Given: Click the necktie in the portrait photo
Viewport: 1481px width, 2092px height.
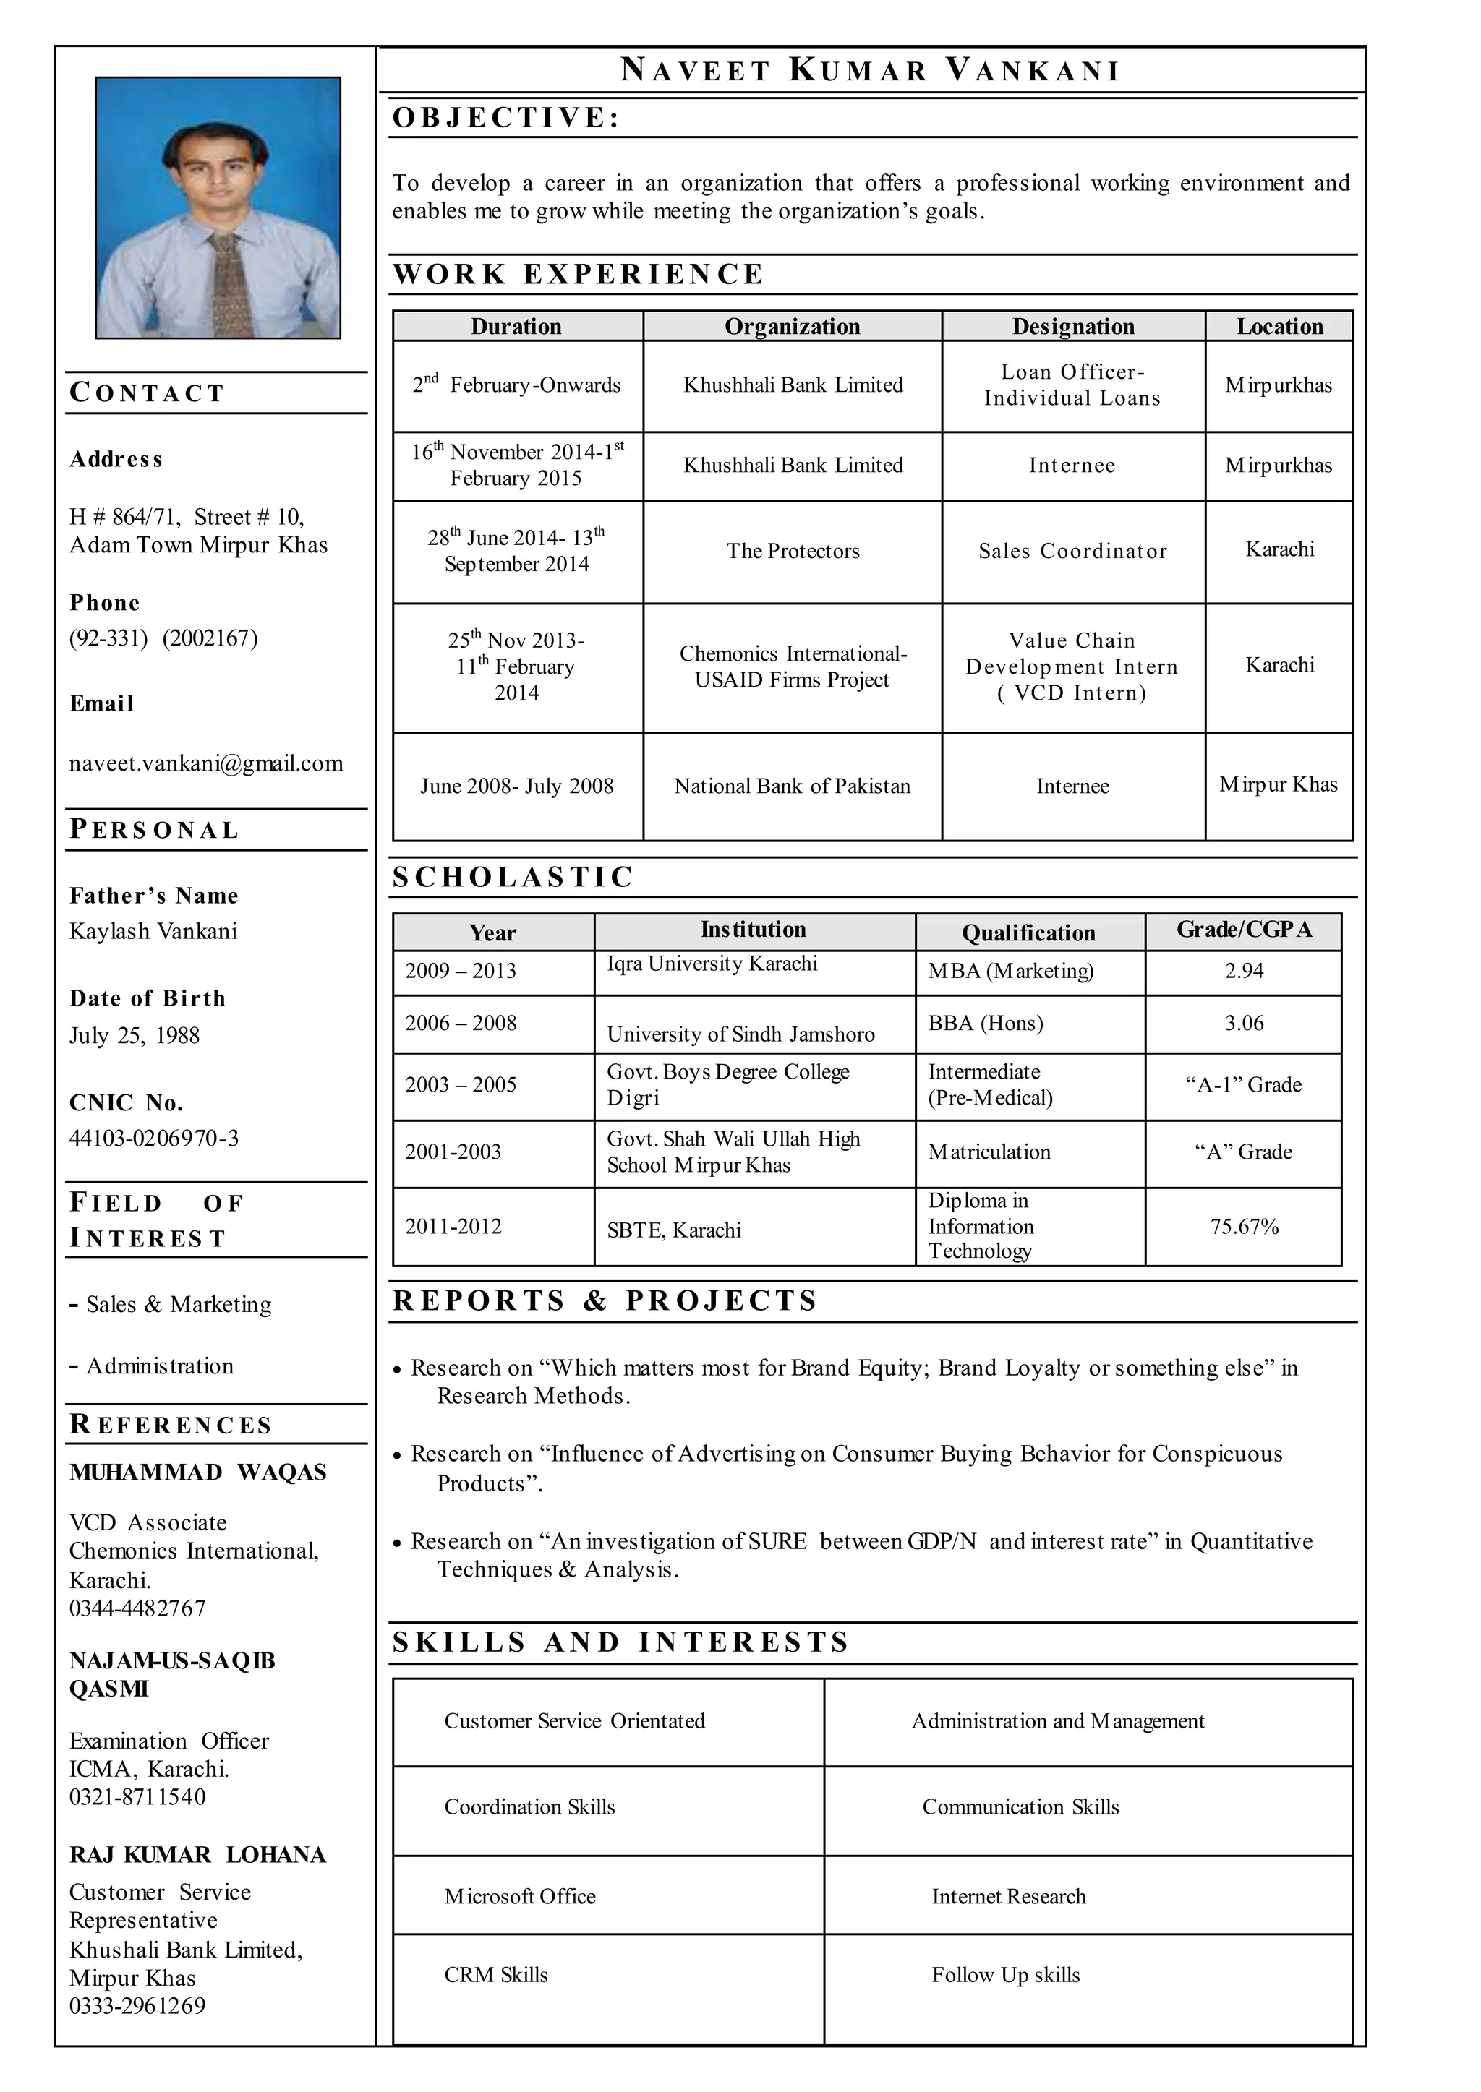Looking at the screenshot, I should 228,283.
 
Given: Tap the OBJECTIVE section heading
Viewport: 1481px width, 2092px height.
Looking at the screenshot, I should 506,118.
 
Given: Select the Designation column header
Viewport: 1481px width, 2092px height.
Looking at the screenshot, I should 1072,326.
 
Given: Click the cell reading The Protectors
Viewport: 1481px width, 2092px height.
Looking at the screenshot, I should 793,551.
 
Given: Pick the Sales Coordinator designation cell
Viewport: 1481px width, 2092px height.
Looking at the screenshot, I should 1072,551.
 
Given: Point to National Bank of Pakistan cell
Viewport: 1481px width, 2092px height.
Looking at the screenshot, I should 792,786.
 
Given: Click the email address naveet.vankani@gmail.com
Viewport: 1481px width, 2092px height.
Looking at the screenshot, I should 206,763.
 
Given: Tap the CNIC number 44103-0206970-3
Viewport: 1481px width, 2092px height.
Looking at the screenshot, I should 154,1138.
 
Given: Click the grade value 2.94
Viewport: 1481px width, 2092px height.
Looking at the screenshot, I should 1243,971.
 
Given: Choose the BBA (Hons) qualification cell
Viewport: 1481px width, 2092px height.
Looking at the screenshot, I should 985,1023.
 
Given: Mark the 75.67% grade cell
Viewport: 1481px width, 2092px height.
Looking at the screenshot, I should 1244,1227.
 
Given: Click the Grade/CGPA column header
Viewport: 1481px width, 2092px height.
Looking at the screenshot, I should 1243,930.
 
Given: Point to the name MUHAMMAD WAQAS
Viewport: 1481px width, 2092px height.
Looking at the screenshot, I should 198,1473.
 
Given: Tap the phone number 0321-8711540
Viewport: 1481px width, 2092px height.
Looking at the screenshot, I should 137,1796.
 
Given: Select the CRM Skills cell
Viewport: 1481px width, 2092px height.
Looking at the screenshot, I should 496,1974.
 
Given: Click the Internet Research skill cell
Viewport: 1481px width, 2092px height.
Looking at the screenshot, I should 1009,1896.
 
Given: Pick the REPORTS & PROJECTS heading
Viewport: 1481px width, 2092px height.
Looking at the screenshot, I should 605,1300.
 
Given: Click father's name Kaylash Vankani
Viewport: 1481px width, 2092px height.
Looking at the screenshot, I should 153,930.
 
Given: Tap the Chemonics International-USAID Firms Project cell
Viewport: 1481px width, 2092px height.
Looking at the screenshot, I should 793,666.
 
